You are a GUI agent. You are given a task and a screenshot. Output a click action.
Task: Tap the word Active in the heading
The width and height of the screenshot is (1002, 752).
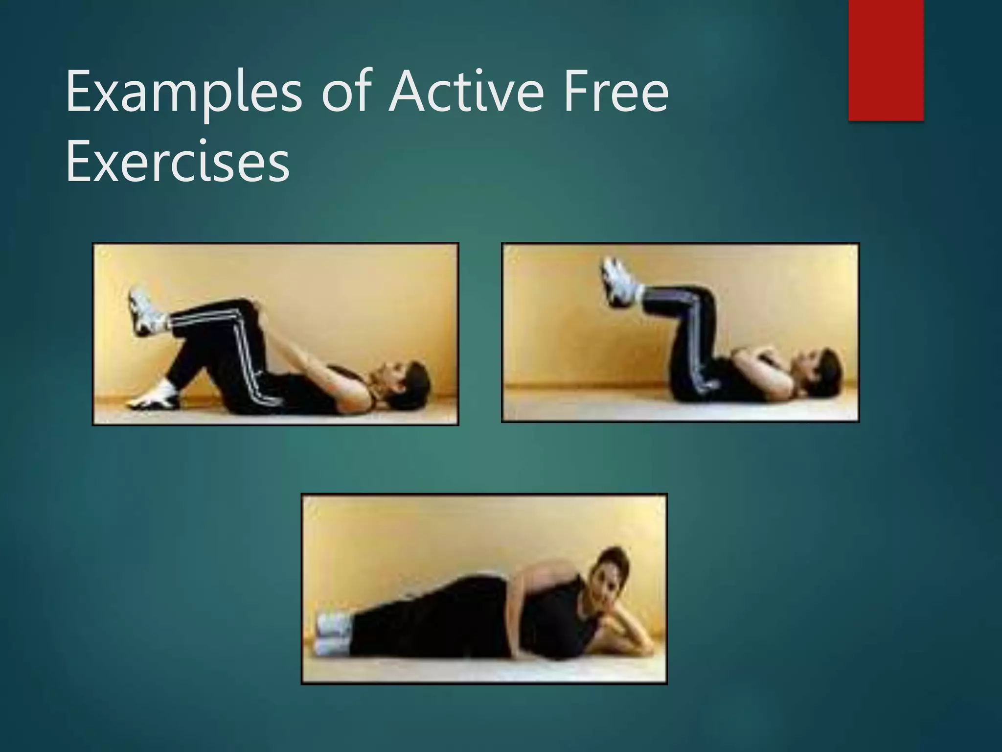467,92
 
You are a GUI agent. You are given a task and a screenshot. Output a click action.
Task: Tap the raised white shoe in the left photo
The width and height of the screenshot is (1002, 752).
142,310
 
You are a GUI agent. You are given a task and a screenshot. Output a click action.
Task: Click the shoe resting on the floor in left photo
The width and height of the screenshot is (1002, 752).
153,397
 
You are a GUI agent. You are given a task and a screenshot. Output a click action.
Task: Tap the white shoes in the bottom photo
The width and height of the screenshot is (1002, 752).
333,634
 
